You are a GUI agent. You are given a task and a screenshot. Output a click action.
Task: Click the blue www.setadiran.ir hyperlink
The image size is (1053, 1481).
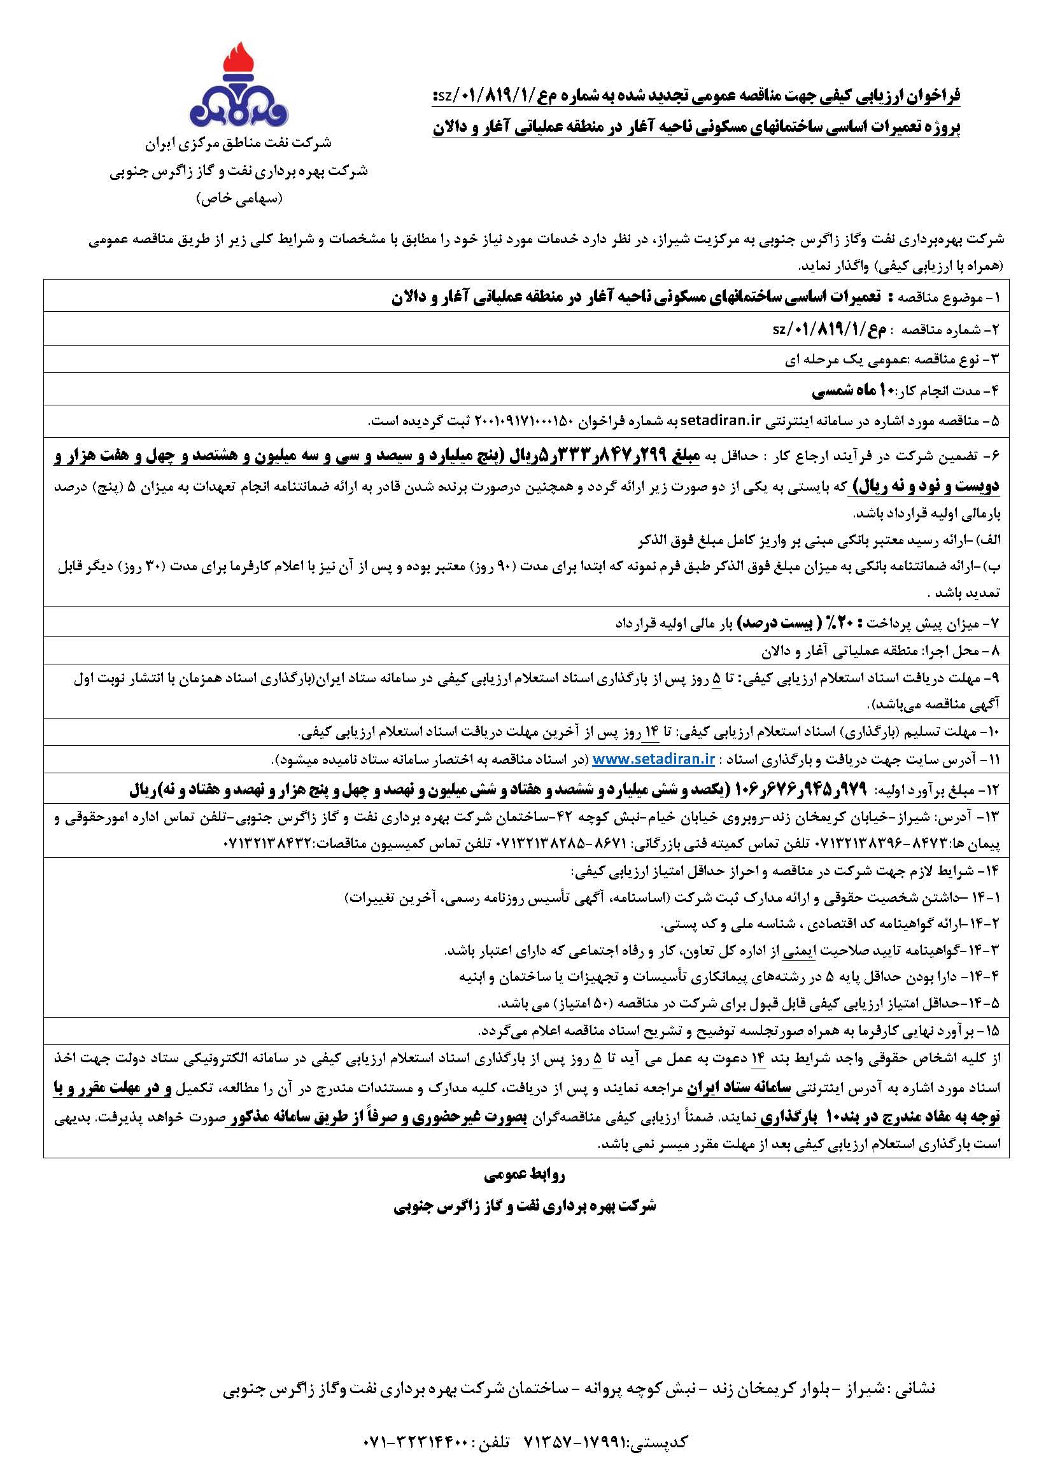[x=653, y=759]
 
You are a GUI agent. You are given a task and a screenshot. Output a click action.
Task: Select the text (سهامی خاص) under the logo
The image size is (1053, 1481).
[x=239, y=199]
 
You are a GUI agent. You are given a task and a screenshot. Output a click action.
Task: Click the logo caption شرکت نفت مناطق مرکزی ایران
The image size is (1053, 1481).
[x=239, y=143]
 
